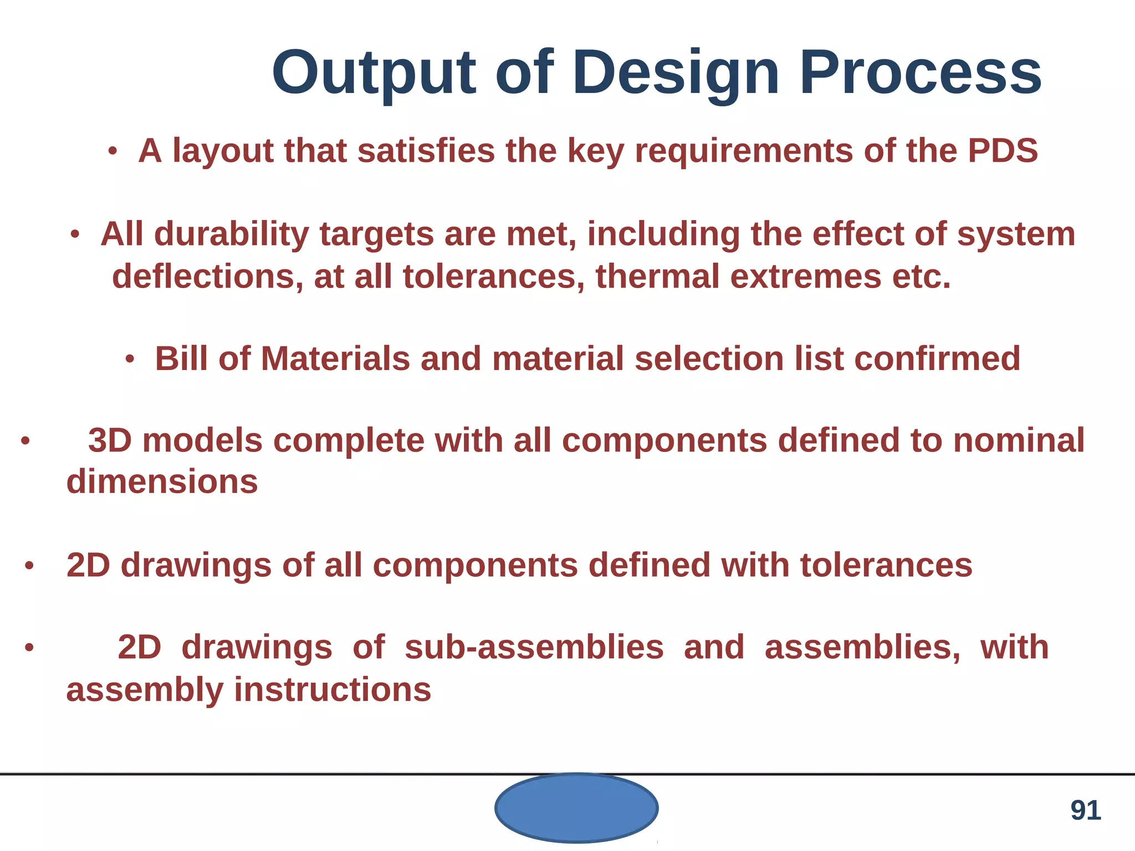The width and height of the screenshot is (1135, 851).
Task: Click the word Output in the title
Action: (374, 74)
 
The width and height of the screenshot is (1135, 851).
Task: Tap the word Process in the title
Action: (920, 74)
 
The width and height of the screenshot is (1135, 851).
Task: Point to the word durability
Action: (231, 235)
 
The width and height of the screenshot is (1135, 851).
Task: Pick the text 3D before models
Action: (110, 441)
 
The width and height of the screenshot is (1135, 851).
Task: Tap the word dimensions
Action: (162, 481)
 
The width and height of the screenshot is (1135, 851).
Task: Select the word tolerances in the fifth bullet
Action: (886, 566)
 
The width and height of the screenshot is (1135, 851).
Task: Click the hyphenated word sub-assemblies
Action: (534, 648)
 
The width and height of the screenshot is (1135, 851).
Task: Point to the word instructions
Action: (333, 690)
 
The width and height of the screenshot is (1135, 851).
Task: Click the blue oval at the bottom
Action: (576, 808)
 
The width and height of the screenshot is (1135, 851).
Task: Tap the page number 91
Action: (1085, 811)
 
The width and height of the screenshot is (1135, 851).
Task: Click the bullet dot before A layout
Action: (113, 151)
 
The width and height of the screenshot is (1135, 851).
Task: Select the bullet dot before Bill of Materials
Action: (130, 359)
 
